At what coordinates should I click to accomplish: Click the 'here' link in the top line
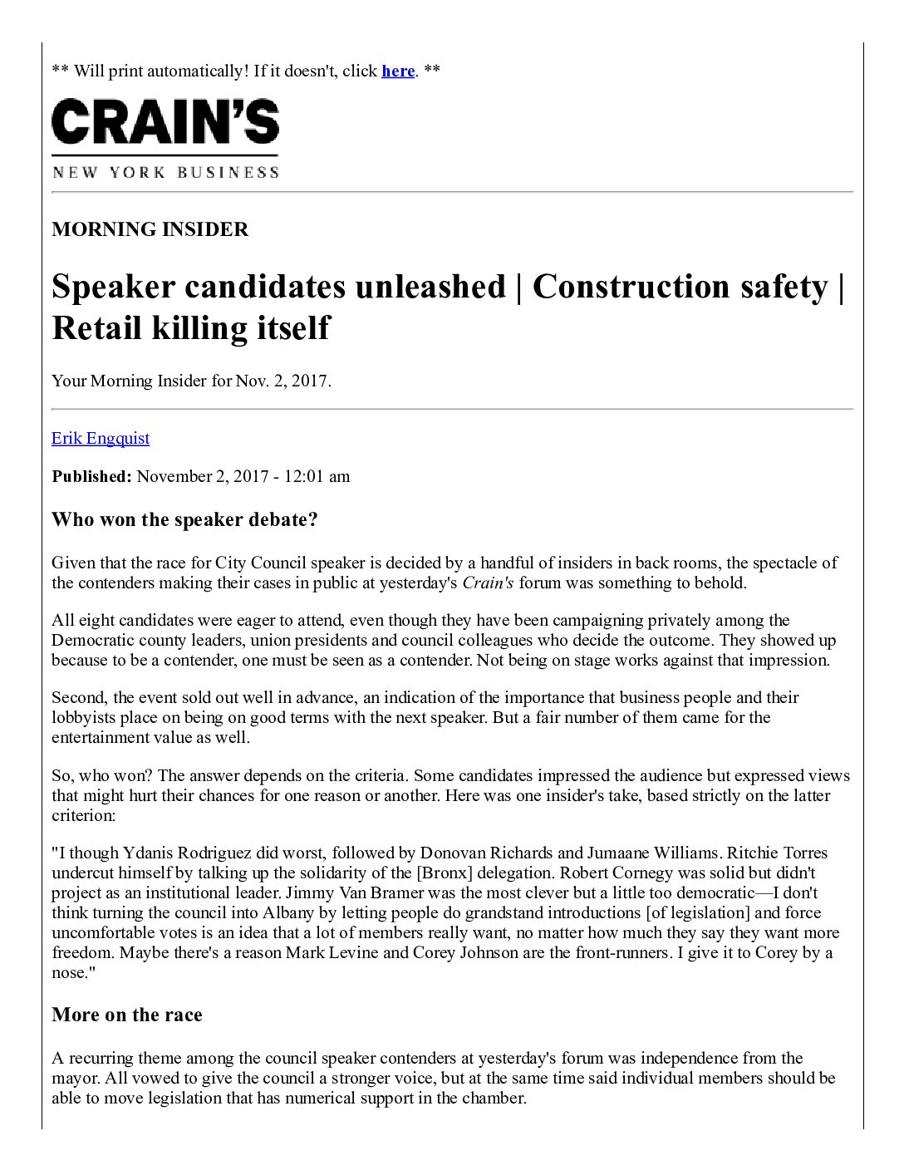pyautogui.click(x=398, y=71)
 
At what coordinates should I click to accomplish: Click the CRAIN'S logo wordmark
pyautogui.click(x=165, y=122)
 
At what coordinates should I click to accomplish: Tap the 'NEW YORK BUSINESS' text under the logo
pyautogui.click(x=165, y=172)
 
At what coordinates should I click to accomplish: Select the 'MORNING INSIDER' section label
pyautogui.click(x=150, y=229)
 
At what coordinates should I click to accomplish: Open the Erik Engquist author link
pyautogui.click(x=101, y=437)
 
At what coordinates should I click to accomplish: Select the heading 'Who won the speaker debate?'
pyautogui.click(x=184, y=520)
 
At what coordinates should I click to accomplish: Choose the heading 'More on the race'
pyautogui.click(x=127, y=1015)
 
